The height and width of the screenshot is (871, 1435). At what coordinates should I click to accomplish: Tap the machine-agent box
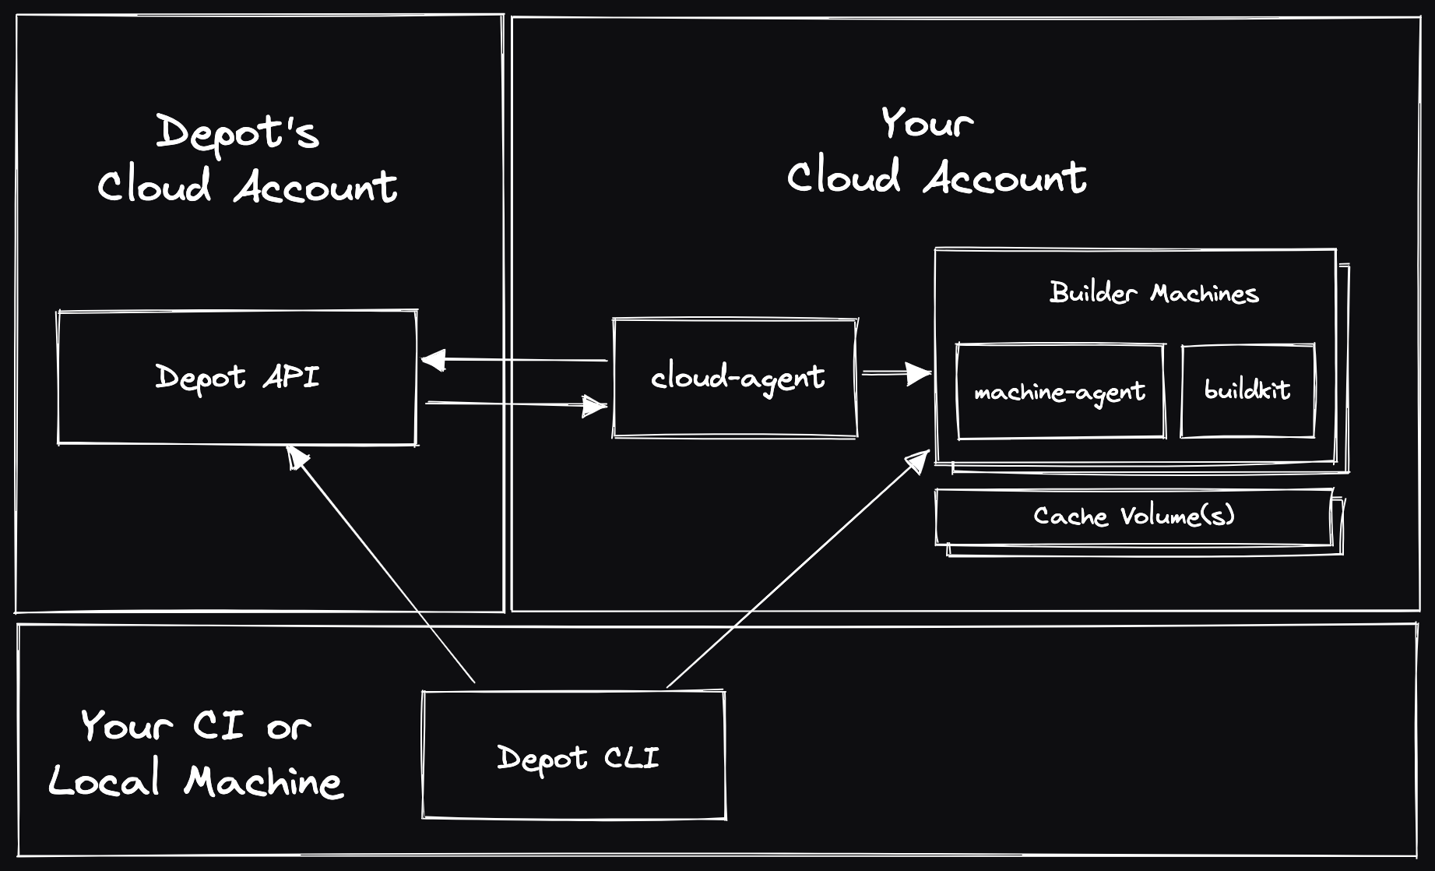coord(1060,392)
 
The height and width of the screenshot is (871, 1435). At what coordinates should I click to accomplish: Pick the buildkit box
coord(1247,390)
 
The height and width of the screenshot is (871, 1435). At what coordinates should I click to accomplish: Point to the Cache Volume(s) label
coord(1134,517)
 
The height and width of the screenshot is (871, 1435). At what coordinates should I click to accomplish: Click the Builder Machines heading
coord(1153,294)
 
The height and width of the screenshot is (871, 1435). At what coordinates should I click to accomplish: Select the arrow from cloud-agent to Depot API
coord(514,360)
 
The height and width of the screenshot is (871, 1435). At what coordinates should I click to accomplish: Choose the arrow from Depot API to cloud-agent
coord(514,404)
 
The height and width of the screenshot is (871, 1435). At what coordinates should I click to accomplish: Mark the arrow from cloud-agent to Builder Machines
coord(895,374)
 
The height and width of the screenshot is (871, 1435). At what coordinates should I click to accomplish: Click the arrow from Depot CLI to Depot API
coord(382,565)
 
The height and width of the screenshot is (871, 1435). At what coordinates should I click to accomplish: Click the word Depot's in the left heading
coord(237,132)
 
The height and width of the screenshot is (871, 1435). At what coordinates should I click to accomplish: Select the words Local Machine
coord(195,781)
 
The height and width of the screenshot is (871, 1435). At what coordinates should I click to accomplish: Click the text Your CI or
coord(195,726)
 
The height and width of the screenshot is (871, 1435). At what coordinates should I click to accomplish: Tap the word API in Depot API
coord(291,378)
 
